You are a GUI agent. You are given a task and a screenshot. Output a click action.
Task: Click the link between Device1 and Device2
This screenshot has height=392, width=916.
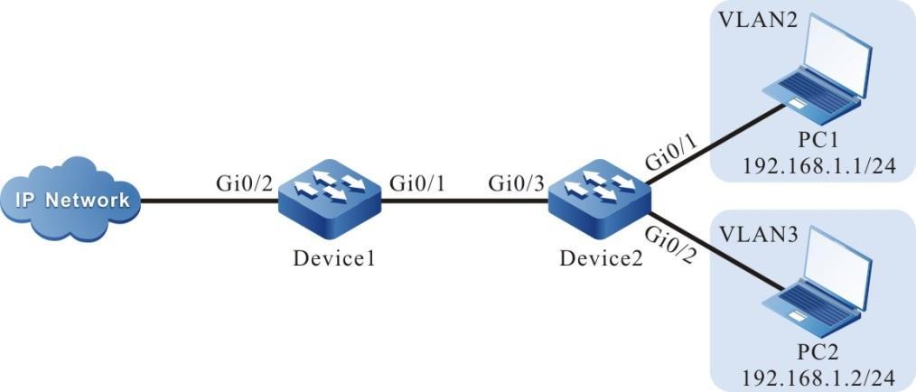coord(465,201)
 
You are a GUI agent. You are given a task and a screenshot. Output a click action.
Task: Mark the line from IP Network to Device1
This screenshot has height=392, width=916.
coord(208,201)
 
